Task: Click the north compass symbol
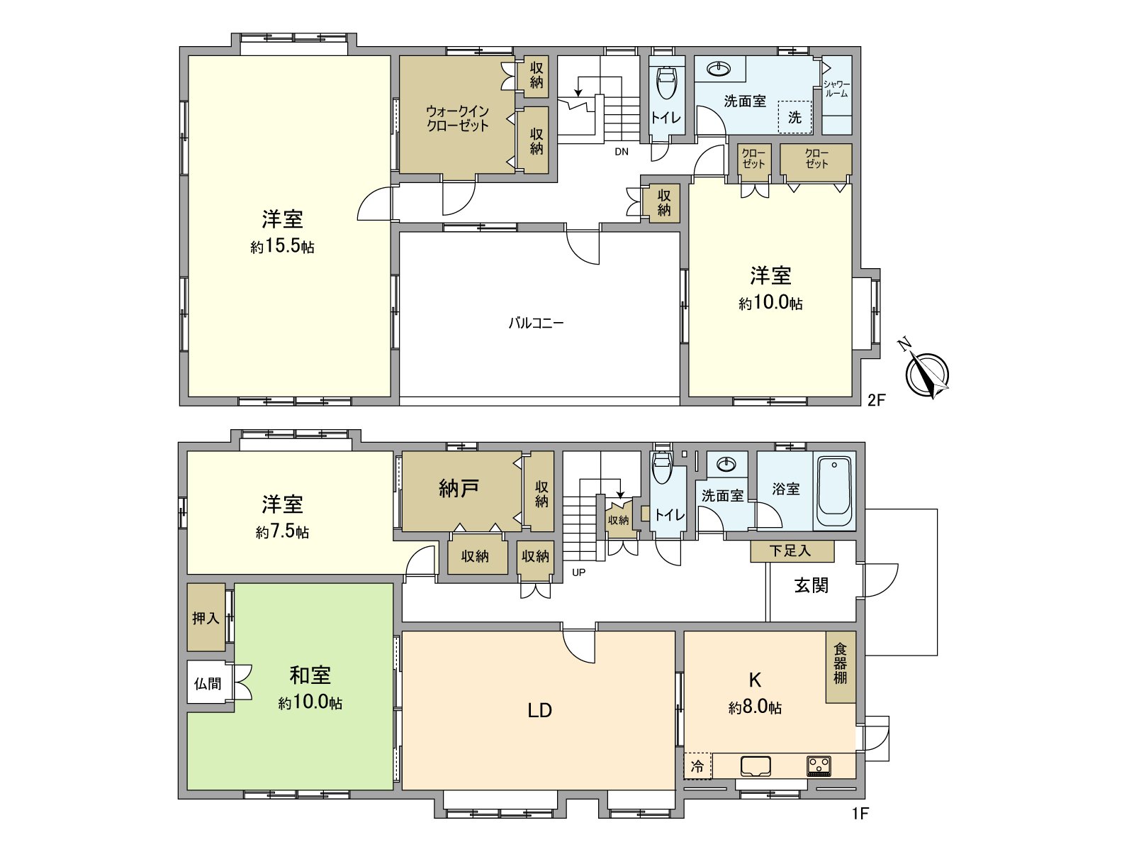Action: coord(927,374)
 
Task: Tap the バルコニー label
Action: coord(536,323)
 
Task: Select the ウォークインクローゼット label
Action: coord(458,118)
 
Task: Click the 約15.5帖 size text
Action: coord(282,247)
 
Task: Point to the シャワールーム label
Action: coord(836,89)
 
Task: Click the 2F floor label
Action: coord(877,399)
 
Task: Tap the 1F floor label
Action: coord(859,813)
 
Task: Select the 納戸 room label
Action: coord(459,488)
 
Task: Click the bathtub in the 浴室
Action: coord(834,492)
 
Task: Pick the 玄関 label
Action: coord(811,585)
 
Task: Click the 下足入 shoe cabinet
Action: coord(792,551)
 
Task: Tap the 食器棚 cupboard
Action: coord(841,664)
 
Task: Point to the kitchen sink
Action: coord(756,766)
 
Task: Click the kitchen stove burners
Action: coord(819,766)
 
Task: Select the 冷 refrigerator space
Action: coord(697,766)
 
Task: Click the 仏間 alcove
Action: coord(208,683)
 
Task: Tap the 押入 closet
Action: coord(206,618)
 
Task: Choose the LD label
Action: coord(539,710)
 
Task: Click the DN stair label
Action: coord(621,151)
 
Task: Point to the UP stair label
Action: coord(578,572)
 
